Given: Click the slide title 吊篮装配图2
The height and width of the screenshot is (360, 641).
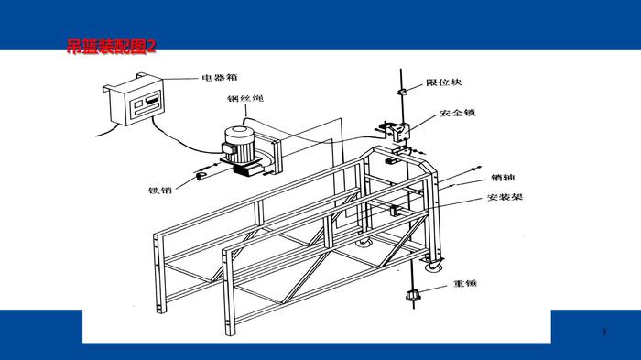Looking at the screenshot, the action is coord(111,46).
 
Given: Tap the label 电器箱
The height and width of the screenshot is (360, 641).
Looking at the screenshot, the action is coord(220,77).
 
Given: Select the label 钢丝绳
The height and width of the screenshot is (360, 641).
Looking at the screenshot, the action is coord(245,98).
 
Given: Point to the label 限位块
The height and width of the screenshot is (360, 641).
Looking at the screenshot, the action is coord(444,82).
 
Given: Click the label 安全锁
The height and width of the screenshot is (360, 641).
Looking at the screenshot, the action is coord(458,113).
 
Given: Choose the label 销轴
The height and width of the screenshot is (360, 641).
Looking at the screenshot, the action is coord(503,177).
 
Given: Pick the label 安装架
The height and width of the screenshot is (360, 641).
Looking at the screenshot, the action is coord(505,197).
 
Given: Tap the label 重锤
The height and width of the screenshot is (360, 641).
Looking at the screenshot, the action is coord(465,283).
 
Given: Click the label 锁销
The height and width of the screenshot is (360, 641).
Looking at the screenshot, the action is coord(160,190).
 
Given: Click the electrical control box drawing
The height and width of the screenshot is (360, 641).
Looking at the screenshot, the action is coord(134,100).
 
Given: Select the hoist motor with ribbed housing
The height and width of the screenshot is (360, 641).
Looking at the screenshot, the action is coord(240,147).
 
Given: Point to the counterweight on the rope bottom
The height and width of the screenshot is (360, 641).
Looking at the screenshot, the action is coord(413,295).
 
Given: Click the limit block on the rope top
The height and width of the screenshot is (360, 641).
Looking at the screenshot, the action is coord(402,92).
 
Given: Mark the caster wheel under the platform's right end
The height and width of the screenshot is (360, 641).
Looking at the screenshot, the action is coord(434,264).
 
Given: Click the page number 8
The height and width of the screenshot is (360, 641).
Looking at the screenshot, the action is coord(604,332).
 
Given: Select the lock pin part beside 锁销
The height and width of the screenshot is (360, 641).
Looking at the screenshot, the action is coord(201,176).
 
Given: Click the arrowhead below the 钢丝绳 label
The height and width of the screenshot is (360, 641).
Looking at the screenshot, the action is coord(246,115).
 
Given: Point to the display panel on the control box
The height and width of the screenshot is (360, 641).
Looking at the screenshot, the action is coord(146,104).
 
